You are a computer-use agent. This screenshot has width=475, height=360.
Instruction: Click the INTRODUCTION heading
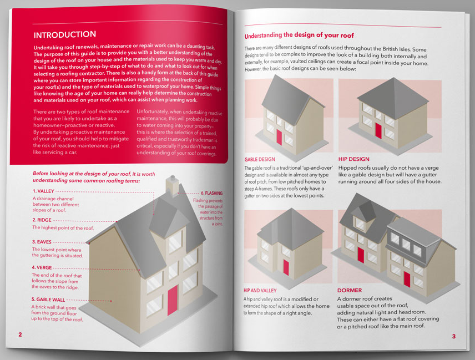pyautogui.click(x=65, y=34)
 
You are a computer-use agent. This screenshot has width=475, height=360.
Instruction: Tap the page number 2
pyautogui.click(x=21, y=334)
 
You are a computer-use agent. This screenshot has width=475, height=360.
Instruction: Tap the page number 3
pyautogui.click(x=454, y=336)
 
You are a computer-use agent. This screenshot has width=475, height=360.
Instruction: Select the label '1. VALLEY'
pyautogui.click(x=43, y=191)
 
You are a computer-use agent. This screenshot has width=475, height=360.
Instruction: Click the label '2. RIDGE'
pyautogui.click(x=42, y=220)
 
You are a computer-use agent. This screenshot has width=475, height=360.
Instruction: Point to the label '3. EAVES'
pyautogui.click(x=42, y=242)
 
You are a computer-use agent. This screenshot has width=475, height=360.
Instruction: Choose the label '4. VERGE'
pyautogui.click(x=42, y=268)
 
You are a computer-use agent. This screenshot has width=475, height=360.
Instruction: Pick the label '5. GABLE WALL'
pyautogui.click(x=48, y=300)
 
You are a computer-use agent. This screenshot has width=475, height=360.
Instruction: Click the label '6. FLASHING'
pyautogui.click(x=212, y=193)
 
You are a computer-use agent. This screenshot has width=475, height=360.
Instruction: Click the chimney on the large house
pyautogui.click(x=172, y=185)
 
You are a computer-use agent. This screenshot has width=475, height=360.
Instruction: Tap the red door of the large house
pyautogui.click(x=173, y=300)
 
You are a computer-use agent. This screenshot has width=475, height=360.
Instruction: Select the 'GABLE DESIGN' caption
pyautogui.click(x=260, y=160)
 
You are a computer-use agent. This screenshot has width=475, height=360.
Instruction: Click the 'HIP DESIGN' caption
pyautogui.click(x=354, y=159)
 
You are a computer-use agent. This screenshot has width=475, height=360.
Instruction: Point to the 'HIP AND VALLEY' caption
pyautogui.click(x=260, y=291)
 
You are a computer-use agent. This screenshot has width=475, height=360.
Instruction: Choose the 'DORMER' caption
pyautogui.click(x=350, y=290)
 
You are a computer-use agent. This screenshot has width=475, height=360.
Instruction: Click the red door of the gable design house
pyautogui.click(x=279, y=136)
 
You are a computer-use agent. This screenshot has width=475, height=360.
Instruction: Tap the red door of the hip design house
pyautogui.click(x=378, y=130)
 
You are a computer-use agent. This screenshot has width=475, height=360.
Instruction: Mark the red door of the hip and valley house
pyautogui.click(x=286, y=267)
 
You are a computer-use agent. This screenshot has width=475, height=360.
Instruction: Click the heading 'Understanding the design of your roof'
pyautogui.click(x=299, y=35)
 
